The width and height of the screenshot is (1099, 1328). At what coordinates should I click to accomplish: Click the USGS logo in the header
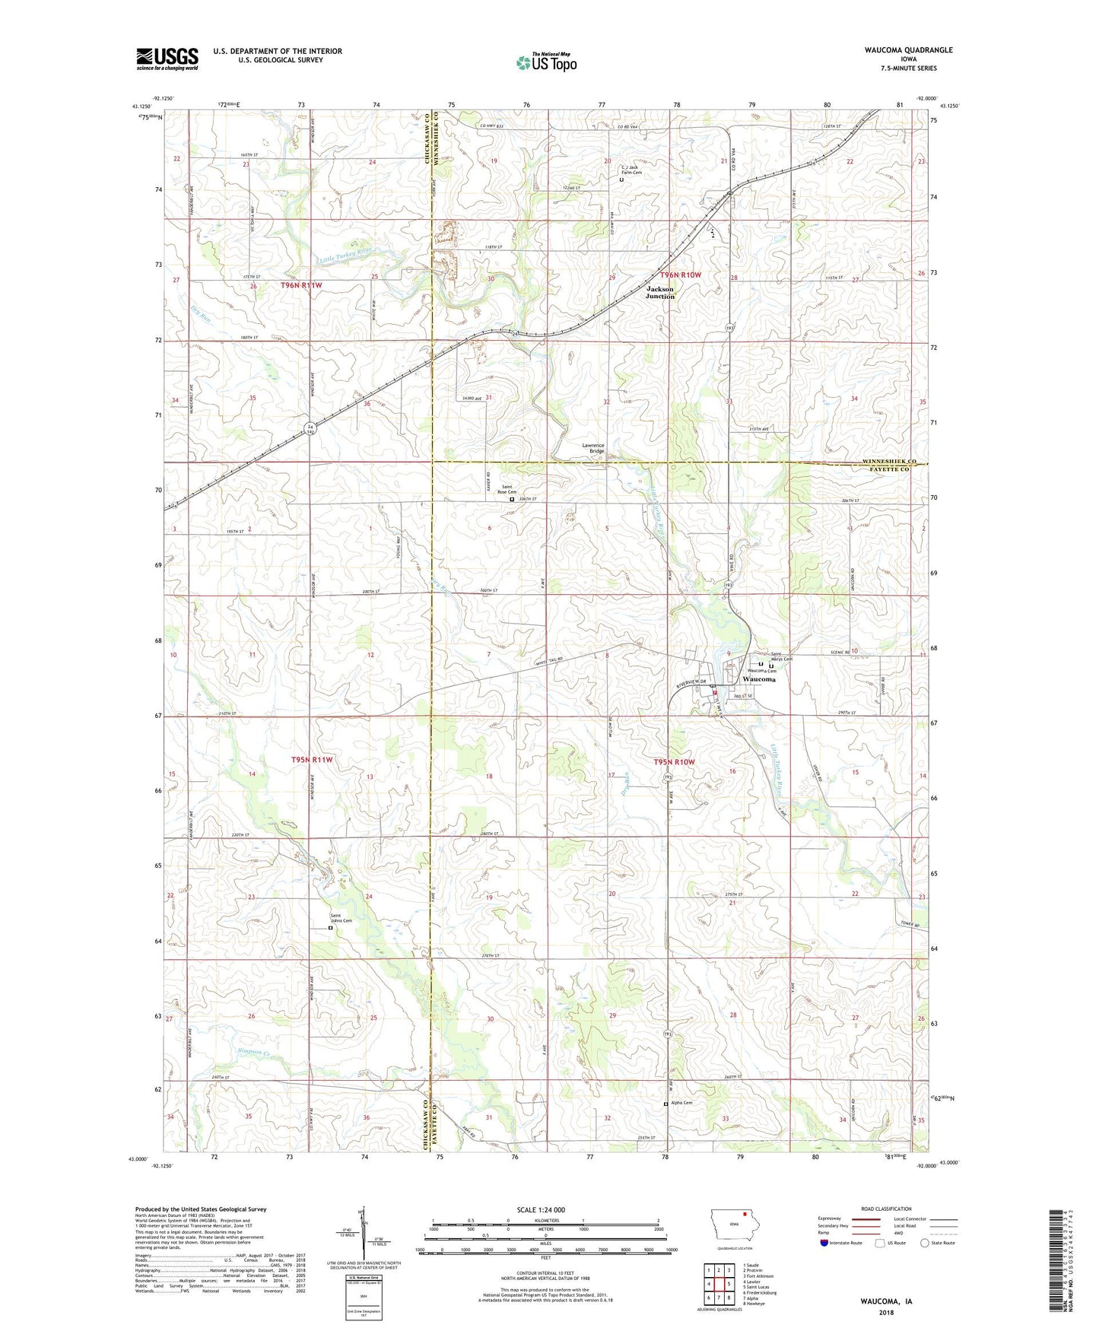coord(167,59)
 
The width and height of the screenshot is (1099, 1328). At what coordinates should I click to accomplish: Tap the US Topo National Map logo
coord(546,62)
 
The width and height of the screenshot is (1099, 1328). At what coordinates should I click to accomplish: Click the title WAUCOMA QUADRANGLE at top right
coord(908,50)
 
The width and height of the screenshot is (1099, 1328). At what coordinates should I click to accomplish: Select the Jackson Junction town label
coord(660,293)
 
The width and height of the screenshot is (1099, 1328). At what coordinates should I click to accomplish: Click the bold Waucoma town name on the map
coord(756,679)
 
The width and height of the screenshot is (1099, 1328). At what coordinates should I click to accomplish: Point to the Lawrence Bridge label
coord(593,449)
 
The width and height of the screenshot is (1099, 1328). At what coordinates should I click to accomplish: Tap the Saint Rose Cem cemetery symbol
coord(512,500)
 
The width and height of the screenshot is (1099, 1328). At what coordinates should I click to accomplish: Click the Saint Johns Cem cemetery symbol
coord(330,928)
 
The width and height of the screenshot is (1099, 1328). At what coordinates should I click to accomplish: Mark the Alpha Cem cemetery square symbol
coord(665,1104)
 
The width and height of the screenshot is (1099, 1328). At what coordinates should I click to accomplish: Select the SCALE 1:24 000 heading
coord(541,1209)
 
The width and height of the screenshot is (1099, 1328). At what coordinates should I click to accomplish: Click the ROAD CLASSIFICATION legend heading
coord(885,1209)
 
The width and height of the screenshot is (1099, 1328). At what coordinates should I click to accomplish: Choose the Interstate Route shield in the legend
coord(825,1243)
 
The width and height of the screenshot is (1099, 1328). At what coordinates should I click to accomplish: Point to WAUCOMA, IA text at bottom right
coord(886,1301)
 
